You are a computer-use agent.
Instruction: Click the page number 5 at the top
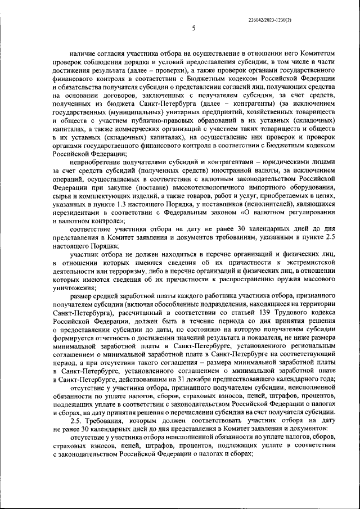193,28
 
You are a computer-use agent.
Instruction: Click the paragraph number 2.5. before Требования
77,421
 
